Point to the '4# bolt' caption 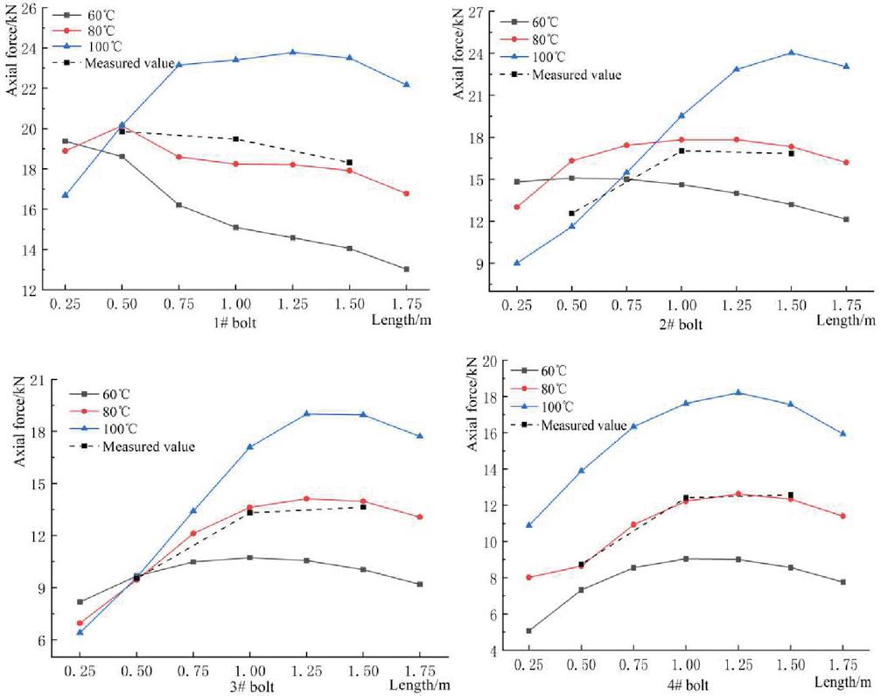click(x=686, y=682)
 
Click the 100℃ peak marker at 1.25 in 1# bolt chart click(x=293, y=53)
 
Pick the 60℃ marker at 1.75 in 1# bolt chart click(x=407, y=269)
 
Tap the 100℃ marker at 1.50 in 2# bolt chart click(x=792, y=53)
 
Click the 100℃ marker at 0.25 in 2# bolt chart click(x=516, y=263)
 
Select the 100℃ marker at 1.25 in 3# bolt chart click(x=307, y=413)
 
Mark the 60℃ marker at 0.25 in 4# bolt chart click(x=528, y=630)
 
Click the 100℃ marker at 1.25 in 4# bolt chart click(x=738, y=392)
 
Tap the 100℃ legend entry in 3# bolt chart click(x=115, y=429)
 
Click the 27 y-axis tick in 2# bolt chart click(x=477, y=11)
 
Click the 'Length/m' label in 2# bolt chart click(x=843, y=320)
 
